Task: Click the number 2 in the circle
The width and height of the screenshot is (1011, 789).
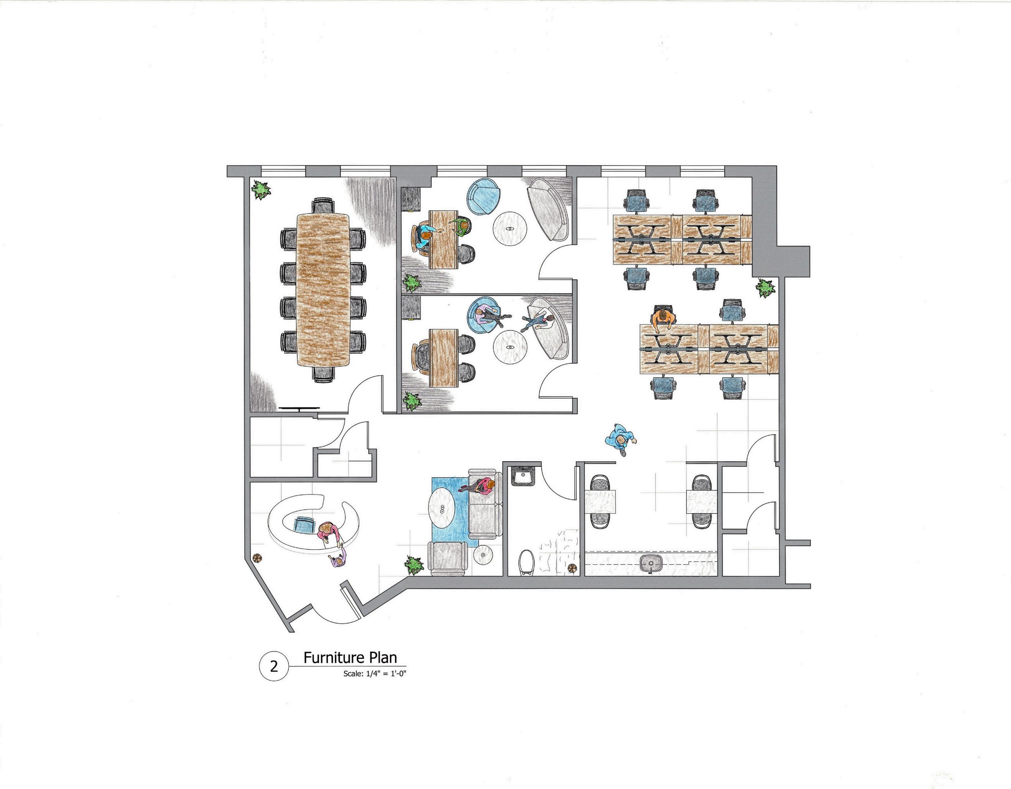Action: (x=274, y=667)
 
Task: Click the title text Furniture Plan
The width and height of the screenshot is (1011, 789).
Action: (x=350, y=658)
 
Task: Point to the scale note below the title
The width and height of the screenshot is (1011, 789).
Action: (x=374, y=674)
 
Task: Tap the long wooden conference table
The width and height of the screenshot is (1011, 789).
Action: (x=323, y=289)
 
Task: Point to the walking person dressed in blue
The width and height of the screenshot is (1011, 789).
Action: (x=620, y=439)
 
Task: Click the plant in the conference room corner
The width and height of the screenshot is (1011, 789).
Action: (x=261, y=189)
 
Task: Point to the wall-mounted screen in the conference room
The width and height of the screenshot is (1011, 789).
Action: (x=299, y=408)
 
